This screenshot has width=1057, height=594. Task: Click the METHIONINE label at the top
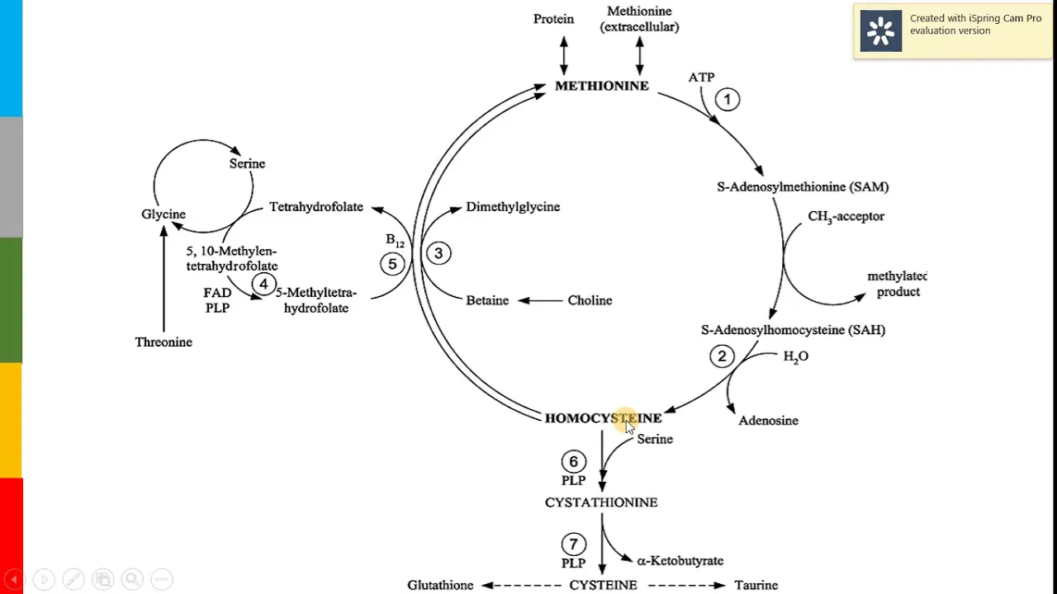(x=601, y=86)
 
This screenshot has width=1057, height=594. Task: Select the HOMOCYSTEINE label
(x=603, y=418)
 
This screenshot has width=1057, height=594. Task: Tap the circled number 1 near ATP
(x=728, y=100)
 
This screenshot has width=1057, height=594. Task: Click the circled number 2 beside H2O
(x=722, y=356)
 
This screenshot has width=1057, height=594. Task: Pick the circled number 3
(x=438, y=253)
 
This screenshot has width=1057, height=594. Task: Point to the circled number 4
(x=263, y=285)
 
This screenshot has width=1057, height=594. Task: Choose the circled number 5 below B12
(x=392, y=264)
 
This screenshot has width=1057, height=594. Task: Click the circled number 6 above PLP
(x=573, y=462)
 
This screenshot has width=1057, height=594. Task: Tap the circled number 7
(x=573, y=544)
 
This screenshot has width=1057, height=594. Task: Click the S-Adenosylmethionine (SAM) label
(x=803, y=187)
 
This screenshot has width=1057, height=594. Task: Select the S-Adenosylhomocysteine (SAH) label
(x=793, y=330)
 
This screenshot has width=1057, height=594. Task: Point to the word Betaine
(x=487, y=300)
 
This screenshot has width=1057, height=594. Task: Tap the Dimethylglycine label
(x=513, y=207)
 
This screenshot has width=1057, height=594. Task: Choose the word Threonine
(x=164, y=342)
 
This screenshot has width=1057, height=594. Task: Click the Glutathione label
(x=440, y=585)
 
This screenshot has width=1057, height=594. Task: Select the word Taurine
(x=756, y=585)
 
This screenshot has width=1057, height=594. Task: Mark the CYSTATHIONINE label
(x=601, y=502)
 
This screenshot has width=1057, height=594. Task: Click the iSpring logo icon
(x=881, y=31)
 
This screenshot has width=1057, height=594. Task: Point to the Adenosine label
(x=768, y=421)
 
